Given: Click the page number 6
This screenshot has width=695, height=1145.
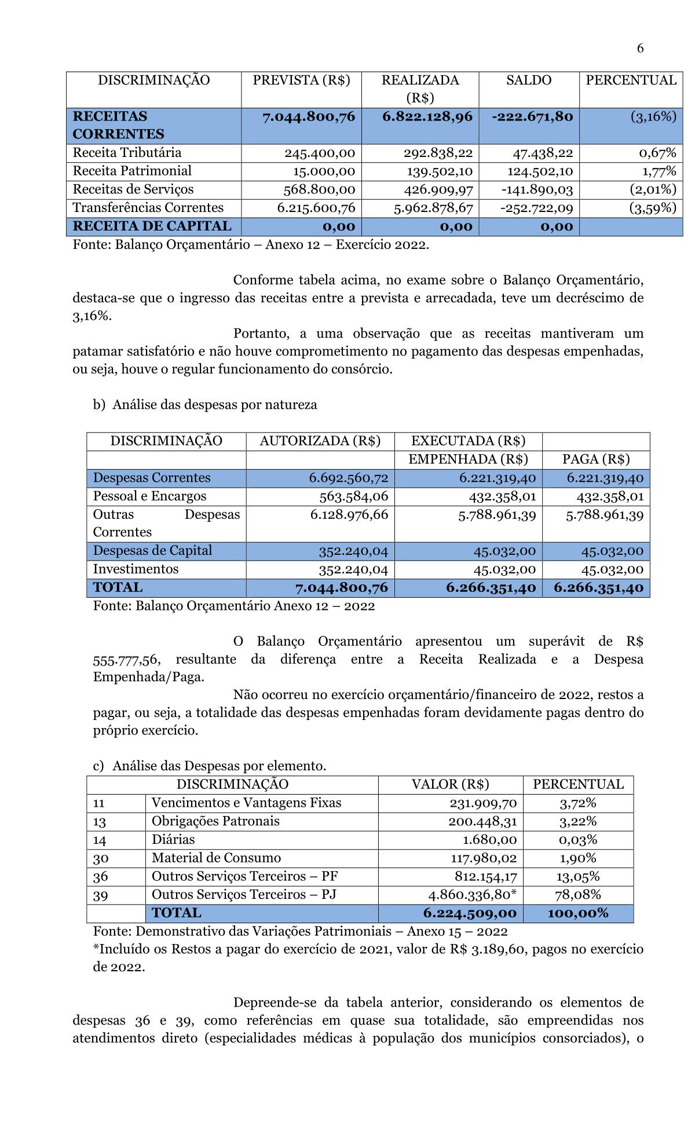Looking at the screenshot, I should (640, 49).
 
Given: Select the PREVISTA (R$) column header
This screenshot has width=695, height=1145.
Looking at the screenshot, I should (301, 81).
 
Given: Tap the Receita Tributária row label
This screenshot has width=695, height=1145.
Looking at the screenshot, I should (127, 153).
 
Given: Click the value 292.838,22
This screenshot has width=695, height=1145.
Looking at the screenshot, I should (438, 153).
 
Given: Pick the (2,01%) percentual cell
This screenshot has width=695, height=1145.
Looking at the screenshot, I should (653, 189).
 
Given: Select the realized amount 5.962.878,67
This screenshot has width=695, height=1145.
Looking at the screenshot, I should (433, 208).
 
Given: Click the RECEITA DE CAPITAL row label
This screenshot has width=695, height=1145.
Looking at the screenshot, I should (152, 226).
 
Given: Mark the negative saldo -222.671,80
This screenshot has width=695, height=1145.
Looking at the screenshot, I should (532, 117).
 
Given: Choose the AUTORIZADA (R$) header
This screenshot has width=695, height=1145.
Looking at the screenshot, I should (320, 441).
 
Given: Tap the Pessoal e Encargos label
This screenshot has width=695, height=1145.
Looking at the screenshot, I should (149, 496).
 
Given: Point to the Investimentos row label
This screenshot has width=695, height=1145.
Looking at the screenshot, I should (136, 569).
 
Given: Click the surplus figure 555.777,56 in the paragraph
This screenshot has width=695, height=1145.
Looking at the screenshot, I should (127, 660).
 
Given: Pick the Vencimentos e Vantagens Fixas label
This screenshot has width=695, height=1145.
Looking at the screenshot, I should (246, 803).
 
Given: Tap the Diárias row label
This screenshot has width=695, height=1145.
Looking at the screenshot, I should (173, 840).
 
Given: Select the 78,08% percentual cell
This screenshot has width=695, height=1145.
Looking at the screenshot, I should (577, 895).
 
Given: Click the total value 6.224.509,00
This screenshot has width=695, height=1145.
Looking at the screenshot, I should (470, 913).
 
